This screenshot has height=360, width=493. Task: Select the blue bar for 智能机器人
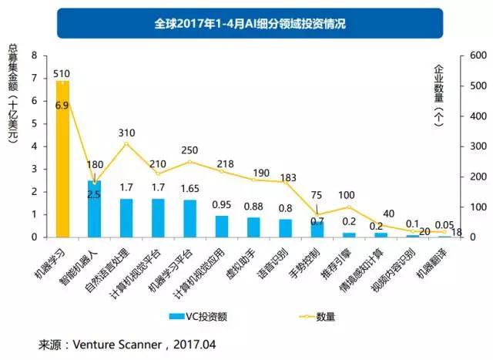[94, 208]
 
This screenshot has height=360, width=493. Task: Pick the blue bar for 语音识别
[286, 227]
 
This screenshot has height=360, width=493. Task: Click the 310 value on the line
[127, 133]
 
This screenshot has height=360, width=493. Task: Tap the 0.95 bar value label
[222, 205]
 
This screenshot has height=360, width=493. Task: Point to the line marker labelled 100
[349, 207]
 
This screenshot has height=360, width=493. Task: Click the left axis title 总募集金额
[12, 93]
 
